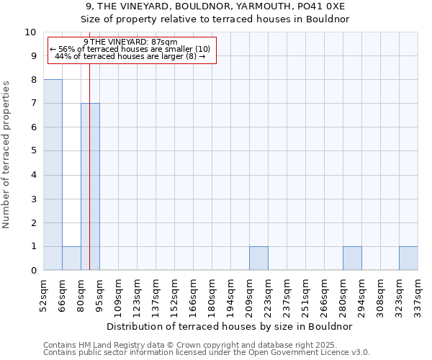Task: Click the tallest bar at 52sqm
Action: point(53,175)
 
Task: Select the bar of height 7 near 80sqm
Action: point(90,187)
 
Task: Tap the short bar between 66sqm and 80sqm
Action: point(71,258)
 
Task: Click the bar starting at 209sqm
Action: point(258,258)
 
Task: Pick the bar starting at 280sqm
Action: point(352,258)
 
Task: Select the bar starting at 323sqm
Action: point(408,258)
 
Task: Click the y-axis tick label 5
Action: point(33,151)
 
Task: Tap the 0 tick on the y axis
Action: point(33,271)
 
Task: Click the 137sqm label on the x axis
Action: point(156,294)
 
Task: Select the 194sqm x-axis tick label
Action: point(230,294)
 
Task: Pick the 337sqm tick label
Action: point(418,294)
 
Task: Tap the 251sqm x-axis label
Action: point(305,294)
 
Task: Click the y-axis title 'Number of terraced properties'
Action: point(6,155)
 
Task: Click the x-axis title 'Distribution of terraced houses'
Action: point(234,326)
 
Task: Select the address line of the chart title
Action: point(215,6)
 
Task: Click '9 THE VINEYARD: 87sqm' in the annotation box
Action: point(130,42)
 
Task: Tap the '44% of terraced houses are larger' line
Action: point(130,56)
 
